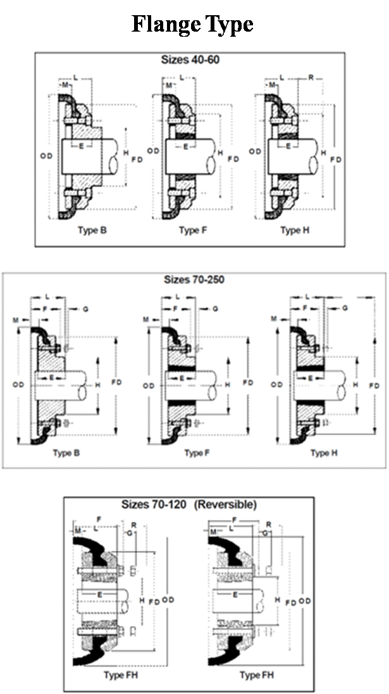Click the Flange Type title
pos(193,25)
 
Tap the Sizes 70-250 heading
pos(194,280)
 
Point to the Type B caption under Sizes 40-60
pos(92,230)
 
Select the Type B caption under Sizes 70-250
pos(66,453)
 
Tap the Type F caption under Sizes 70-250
pos(194,453)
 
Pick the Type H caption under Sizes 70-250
pos(320,453)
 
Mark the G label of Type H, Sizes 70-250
pos(345,308)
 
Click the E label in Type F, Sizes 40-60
pos(185,146)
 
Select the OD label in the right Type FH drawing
pos(305,600)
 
